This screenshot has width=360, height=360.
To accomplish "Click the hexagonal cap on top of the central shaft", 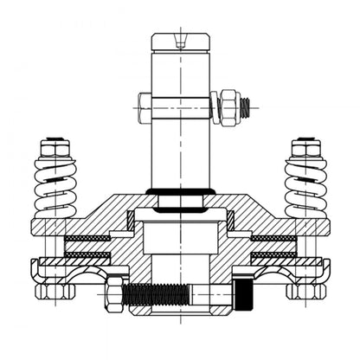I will [x=180, y=42].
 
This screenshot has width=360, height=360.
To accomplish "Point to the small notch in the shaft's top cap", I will [x=180, y=38].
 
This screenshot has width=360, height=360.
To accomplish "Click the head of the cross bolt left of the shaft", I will [x=143, y=106].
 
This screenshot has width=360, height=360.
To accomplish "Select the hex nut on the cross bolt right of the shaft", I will [x=229, y=106].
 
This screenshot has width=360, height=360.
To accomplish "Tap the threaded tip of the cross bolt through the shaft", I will [x=248, y=106].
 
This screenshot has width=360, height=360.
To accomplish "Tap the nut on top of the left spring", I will [x=56, y=148].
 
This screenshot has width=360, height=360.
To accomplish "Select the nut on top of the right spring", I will [x=305, y=148].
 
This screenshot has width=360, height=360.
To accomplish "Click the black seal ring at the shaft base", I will [x=180, y=191].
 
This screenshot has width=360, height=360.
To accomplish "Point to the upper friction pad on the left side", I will [x=90, y=237].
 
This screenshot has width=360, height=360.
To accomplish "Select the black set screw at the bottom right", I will [x=246, y=291].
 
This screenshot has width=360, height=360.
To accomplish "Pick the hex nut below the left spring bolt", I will [x=54, y=291].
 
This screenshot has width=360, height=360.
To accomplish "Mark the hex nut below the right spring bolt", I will [x=306, y=291].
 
